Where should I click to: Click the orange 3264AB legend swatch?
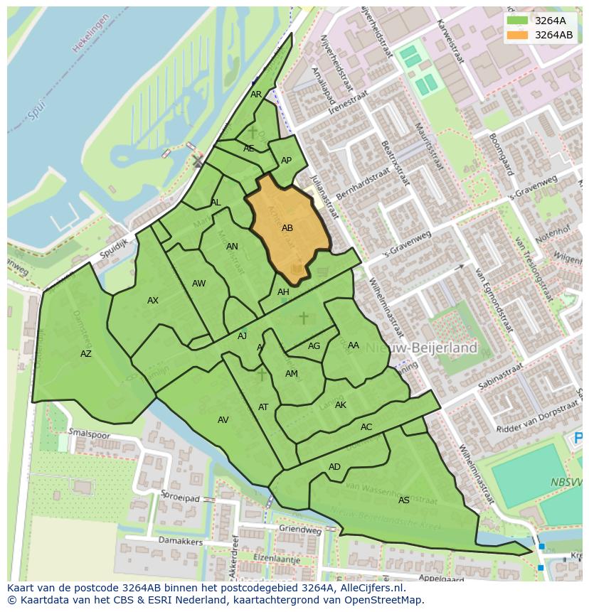tap(517, 35)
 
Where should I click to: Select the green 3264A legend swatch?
tap(517, 21)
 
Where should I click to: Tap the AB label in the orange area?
tap(287, 228)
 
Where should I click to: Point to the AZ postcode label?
tap(86, 354)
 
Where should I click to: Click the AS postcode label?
tap(403, 500)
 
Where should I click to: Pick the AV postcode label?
tap(223, 420)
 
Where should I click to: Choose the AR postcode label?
tap(256, 95)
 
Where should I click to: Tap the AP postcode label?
tap(286, 161)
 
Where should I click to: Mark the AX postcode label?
tap(153, 301)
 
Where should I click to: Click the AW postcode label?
tap(198, 284)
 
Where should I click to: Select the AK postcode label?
tap(341, 405)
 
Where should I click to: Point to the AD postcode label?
tap(334, 467)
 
